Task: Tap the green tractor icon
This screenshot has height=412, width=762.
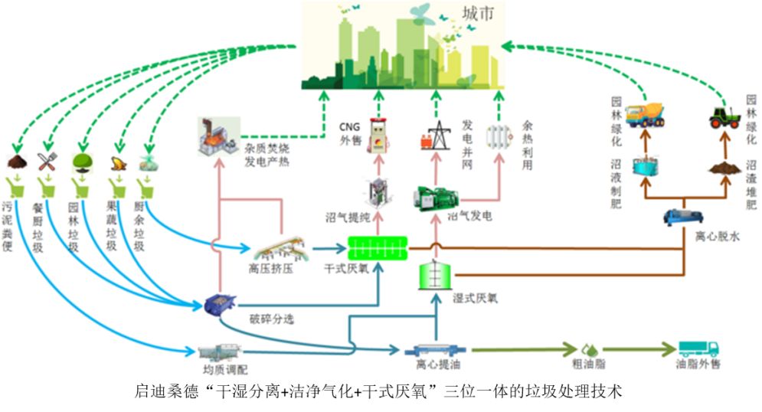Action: pyautogui.click(x=724, y=116)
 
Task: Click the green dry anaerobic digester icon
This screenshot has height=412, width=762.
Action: pyautogui.click(x=377, y=245)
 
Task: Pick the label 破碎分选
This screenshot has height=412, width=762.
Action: pyautogui.click(x=271, y=318)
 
